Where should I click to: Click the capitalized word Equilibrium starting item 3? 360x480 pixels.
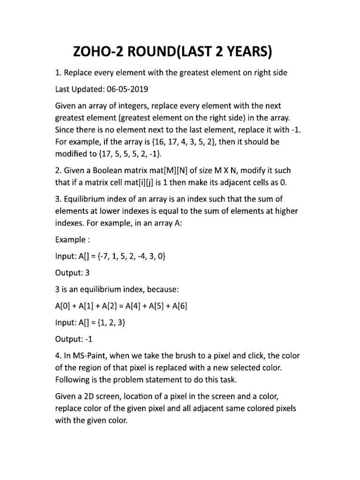click(x=89, y=201)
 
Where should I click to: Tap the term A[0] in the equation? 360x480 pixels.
click(x=65, y=306)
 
